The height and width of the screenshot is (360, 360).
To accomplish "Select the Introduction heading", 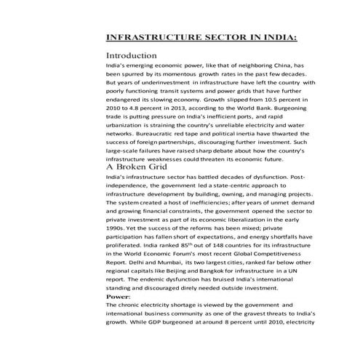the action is [132, 56].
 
